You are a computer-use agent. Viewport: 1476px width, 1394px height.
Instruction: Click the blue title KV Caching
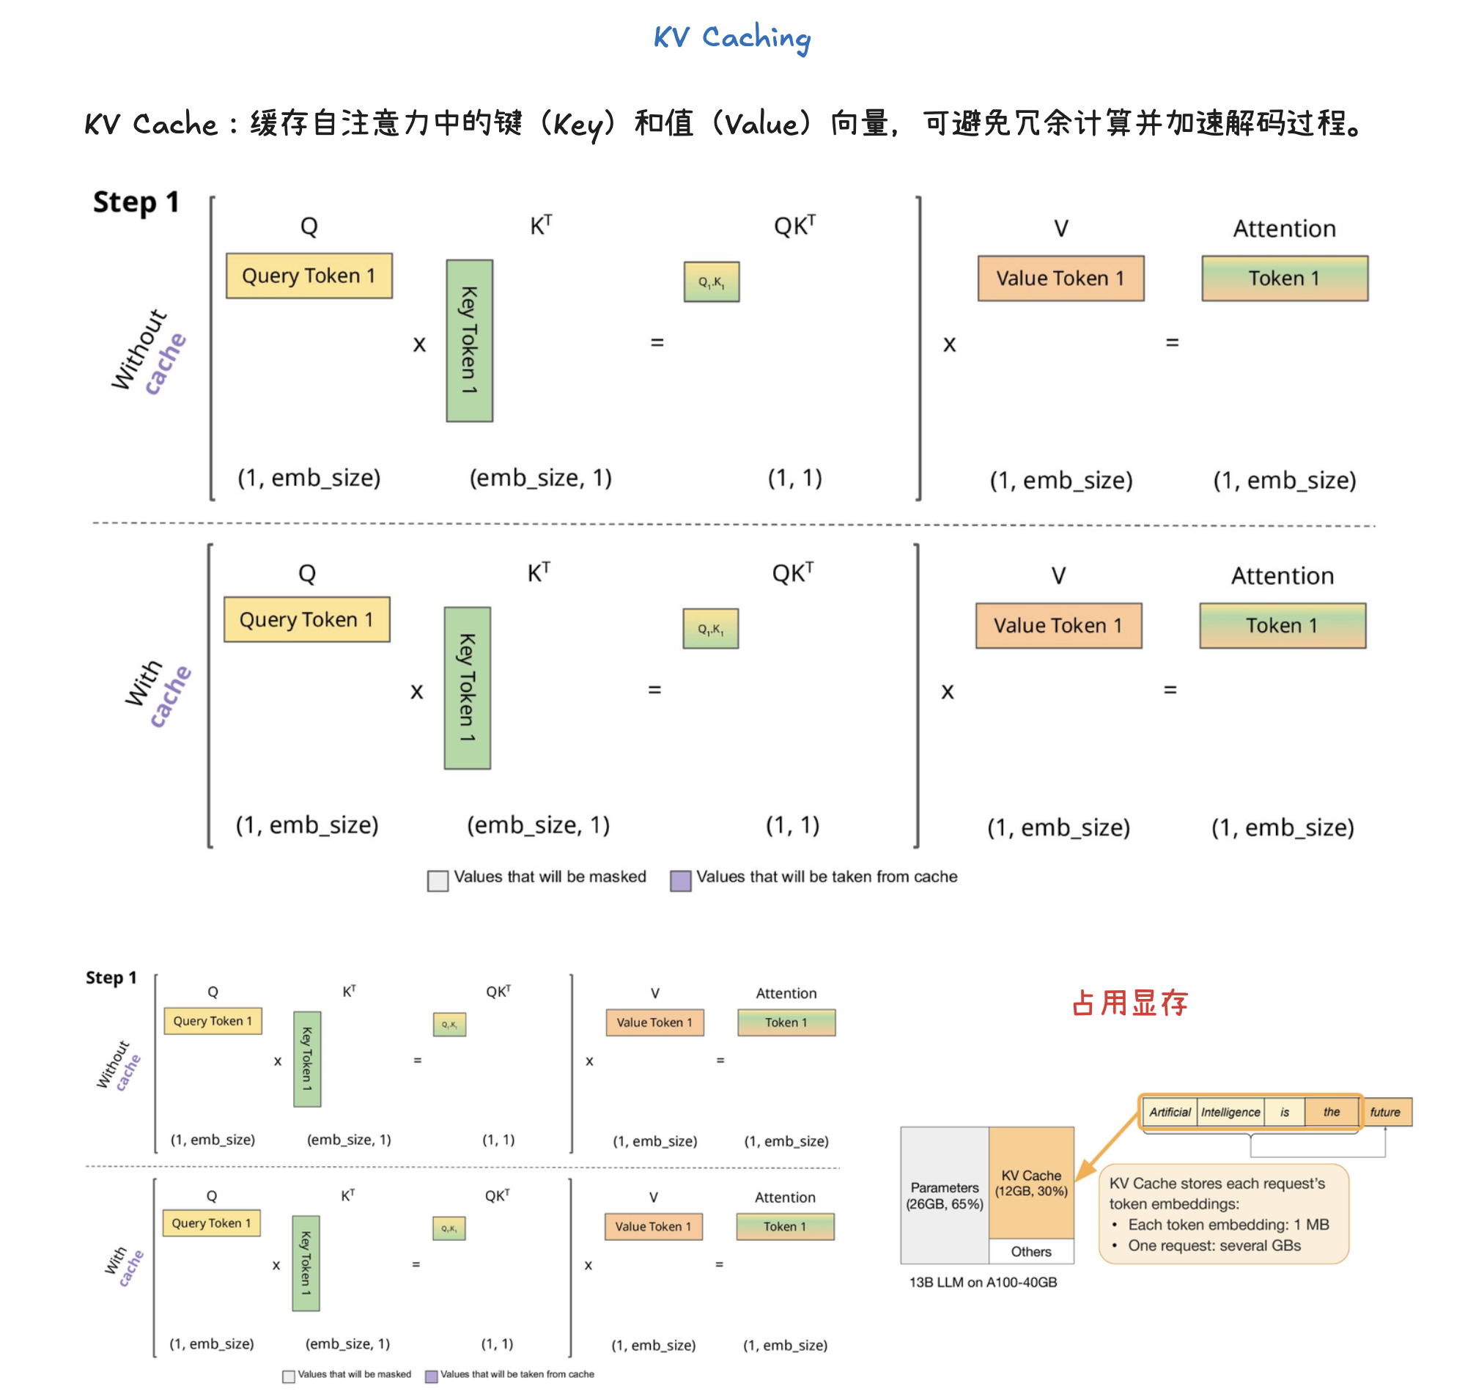(x=731, y=37)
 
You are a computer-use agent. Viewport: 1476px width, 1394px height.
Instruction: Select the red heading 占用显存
(x=1129, y=1003)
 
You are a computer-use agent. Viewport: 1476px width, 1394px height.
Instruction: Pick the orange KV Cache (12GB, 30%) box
(x=1031, y=1183)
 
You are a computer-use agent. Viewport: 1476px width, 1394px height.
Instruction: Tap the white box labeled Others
(x=1031, y=1251)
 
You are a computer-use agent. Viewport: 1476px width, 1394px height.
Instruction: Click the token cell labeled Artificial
(x=1169, y=1113)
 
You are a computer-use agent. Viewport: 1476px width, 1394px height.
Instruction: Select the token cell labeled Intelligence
(x=1230, y=1113)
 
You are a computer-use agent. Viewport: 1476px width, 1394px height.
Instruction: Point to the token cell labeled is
(x=1284, y=1113)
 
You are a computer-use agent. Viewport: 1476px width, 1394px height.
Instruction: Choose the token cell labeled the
(x=1331, y=1113)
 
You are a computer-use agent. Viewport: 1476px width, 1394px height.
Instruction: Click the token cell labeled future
(x=1384, y=1113)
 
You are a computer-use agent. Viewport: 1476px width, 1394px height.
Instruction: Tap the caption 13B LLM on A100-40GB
(x=983, y=1283)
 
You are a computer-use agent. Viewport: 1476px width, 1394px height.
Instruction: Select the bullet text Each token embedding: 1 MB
(x=1228, y=1225)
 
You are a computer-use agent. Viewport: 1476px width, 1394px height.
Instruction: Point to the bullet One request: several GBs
(x=1214, y=1245)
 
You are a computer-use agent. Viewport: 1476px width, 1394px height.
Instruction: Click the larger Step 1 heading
(x=136, y=202)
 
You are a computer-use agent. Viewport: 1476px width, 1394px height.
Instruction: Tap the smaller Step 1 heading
(x=111, y=977)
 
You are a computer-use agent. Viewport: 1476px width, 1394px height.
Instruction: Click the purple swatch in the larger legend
(x=680, y=880)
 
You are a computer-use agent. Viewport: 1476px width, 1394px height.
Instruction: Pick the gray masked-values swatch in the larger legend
(x=438, y=880)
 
